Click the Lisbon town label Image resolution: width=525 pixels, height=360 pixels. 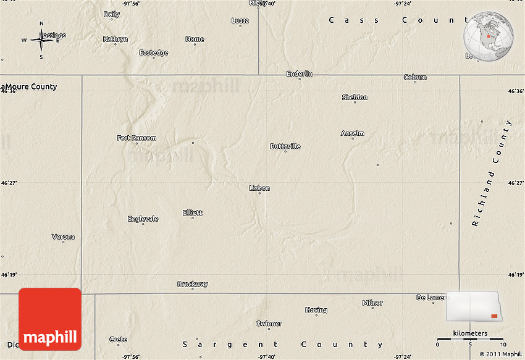(x=259, y=188)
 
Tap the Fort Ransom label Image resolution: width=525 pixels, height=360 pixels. (x=136, y=138)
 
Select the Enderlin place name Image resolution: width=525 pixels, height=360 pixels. (x=300, y=73)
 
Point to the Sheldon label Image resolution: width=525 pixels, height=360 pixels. (x=355, y=97)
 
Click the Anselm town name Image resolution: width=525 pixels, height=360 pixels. (x=353, y=133)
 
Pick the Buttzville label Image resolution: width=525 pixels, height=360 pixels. (x=285, y=146)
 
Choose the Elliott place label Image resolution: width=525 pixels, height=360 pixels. (x=192, y=212)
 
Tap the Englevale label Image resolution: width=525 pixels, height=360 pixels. (x=143, y=219)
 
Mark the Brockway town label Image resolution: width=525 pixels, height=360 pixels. (x=193, y=284)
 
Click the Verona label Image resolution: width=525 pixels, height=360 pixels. (x=63, y=237)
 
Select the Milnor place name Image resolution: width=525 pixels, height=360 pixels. (x=372, y=303)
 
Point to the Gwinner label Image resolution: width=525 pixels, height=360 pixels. (x=269, y=323)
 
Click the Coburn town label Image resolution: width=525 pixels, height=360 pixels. (x=415, y=77)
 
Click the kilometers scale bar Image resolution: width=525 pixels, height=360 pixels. (x=470, y=339)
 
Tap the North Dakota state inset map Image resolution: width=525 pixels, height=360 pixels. (x=473, y=307)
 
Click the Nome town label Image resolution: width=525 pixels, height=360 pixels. (x=195, y=39)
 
